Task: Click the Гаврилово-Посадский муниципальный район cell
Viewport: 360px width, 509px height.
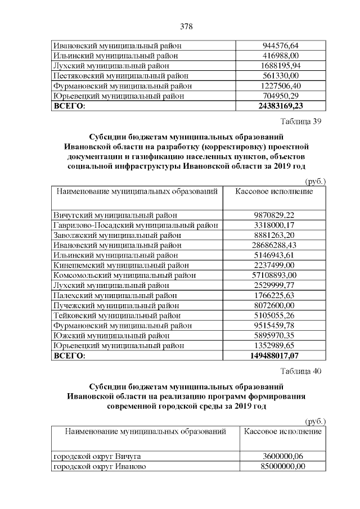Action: pos(136,225)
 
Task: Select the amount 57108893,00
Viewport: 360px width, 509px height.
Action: pos(281,276)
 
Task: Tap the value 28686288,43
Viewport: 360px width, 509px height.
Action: pos(281,245)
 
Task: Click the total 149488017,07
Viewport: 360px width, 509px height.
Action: pos(281,356)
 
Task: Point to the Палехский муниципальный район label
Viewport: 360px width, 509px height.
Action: pos(115,296)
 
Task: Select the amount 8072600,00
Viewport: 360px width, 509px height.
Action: pos(281,305)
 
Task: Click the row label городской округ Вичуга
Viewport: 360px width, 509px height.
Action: pos(96,456)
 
